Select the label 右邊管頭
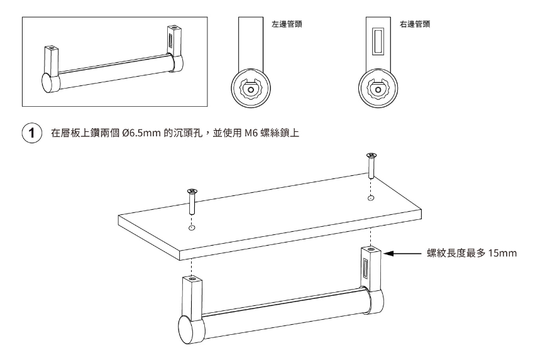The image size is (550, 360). pyautogui.click(x=415, y=25)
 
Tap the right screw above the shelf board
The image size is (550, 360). pyautogui.click(x=371, y=168)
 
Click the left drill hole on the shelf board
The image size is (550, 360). pyautogui.click(x=192, y=227)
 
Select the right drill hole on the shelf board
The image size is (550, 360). pyautogui.click(x=371, y=199)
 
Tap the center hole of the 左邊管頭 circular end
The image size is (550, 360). pyautogui.click(x=251, y=89)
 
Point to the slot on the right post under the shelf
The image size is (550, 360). pyautogui.click(x=365, y=272)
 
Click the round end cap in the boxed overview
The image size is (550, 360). pyautogui.click(x=50, y=82)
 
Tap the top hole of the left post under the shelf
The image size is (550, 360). pyautogui.click(x=192, y=278)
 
